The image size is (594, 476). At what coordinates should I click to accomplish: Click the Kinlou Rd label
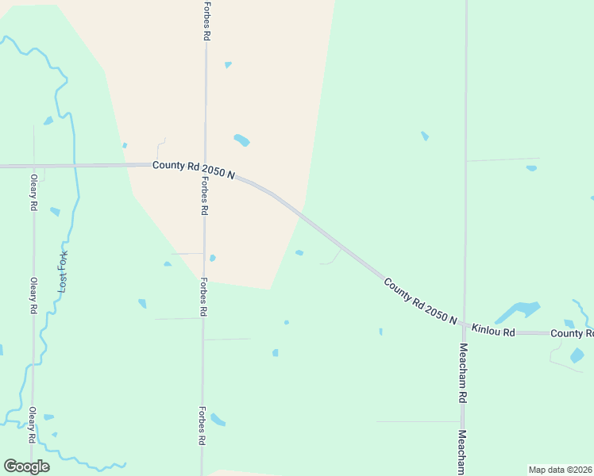(x=493, y=329)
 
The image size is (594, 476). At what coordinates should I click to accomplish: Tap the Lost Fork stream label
(x=64, y=271)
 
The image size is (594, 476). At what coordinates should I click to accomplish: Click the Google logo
(x=27, y=466)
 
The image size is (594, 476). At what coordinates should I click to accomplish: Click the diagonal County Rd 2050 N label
(x=420, y=301)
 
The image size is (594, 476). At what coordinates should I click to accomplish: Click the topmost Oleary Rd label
(x=33, y=193)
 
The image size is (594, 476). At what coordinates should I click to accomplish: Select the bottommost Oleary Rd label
(x=33, y=425)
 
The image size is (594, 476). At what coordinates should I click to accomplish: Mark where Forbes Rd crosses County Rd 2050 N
(x=206, y=166)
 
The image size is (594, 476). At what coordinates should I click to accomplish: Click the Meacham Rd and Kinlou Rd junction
(x=465, y=325)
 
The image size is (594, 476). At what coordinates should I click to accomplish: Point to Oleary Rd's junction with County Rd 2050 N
(x=34, y=166)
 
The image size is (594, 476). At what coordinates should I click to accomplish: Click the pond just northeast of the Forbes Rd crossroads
(x=241, y=140)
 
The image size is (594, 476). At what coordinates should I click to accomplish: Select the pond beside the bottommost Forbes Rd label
(x=218, y=420)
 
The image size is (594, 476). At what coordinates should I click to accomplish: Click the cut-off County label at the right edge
(x=573, y=333)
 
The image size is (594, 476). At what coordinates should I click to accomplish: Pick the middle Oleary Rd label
(x=33, y=295)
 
